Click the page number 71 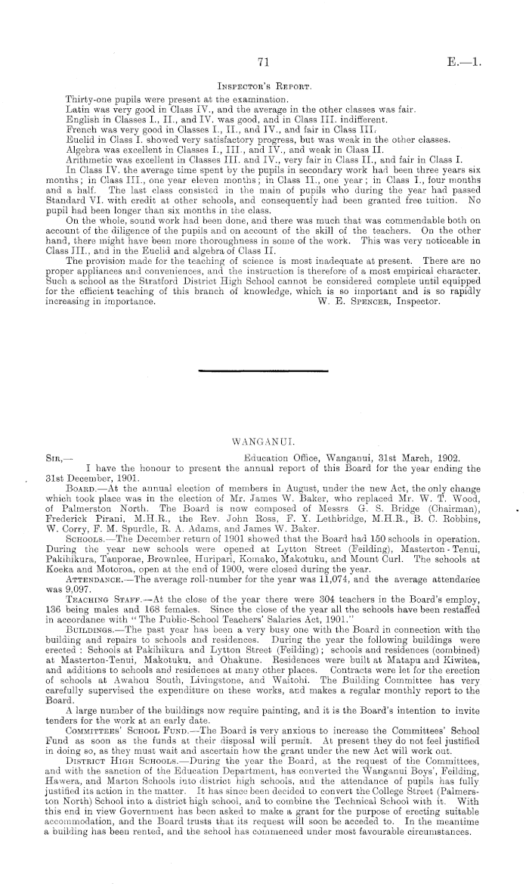pyautogui.click(x=264, y=64)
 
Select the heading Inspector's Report pyautogui.click(x=264, y=87)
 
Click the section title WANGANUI pyautogui.click(x=264, y=439)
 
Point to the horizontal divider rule pyautogui.click(x=264, y=371)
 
